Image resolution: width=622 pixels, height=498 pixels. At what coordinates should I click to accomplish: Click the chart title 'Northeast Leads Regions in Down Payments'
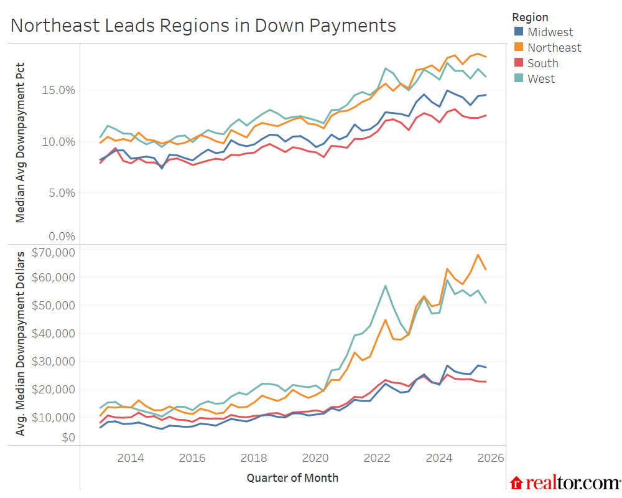[203, 26]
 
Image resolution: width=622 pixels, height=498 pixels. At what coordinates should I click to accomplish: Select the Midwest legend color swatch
[519, 32]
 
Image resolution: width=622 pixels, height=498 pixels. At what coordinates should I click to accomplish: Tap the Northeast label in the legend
[554, 47]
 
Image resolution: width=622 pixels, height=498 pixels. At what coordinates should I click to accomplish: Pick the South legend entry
[542, 63]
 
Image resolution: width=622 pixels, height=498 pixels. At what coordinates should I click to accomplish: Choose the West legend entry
[541, 78]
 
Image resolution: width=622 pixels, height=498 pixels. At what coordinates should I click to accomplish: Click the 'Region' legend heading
[530, 17]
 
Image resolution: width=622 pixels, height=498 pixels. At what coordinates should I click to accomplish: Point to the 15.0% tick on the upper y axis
[58, 90]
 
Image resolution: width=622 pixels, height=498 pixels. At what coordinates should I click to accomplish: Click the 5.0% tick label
[60, 192]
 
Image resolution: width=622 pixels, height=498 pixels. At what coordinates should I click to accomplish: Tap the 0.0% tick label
[60, 237]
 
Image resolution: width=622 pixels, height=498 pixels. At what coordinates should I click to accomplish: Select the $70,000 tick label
[55, 252]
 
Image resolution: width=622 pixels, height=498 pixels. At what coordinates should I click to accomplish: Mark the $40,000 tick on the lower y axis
[55, 333]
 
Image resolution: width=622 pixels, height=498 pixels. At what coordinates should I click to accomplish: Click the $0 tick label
[68, 438]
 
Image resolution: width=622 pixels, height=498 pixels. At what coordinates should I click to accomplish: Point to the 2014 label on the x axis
[131, 459]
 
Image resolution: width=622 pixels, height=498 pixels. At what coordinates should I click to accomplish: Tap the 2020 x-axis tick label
[315, 459]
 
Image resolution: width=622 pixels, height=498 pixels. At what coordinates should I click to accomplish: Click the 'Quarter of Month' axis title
[292, 478]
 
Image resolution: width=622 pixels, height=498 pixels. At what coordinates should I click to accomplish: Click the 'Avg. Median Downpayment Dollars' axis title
[21, 343]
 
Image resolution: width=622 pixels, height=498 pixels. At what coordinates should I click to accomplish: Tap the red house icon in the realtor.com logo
[516, 483]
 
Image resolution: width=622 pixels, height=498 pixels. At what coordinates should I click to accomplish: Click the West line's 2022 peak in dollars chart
[386, 286]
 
